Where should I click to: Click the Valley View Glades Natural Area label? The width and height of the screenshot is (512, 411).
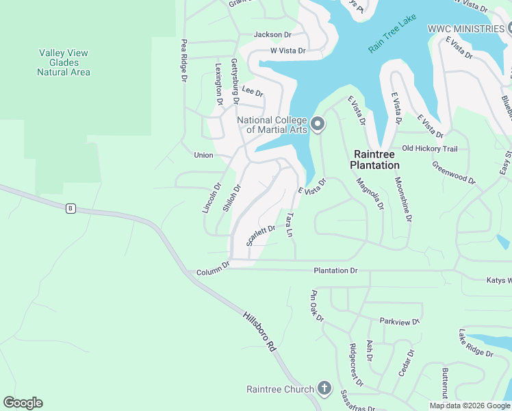coord(64,62)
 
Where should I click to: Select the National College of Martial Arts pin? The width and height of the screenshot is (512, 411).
coord(317,124)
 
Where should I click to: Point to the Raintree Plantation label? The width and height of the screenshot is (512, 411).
coord(374,160)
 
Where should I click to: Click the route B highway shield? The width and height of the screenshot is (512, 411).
coord(70,208)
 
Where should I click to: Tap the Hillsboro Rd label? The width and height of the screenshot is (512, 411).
coord(259,332)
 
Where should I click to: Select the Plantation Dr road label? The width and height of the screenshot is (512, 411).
coord(335,271)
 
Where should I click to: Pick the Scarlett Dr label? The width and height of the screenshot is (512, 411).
coord(261,235)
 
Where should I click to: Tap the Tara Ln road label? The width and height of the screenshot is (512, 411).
coord(290,225)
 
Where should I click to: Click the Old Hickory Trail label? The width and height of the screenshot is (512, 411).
coord(429,148)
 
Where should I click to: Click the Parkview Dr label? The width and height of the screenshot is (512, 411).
coord(399,321)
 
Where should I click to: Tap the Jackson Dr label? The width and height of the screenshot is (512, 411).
coord(272,34)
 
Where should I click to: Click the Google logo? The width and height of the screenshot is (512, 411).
coord(23,403)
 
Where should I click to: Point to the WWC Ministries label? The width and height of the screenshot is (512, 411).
coord(465,29)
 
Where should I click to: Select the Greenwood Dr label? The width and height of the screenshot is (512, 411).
coord(453,173)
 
